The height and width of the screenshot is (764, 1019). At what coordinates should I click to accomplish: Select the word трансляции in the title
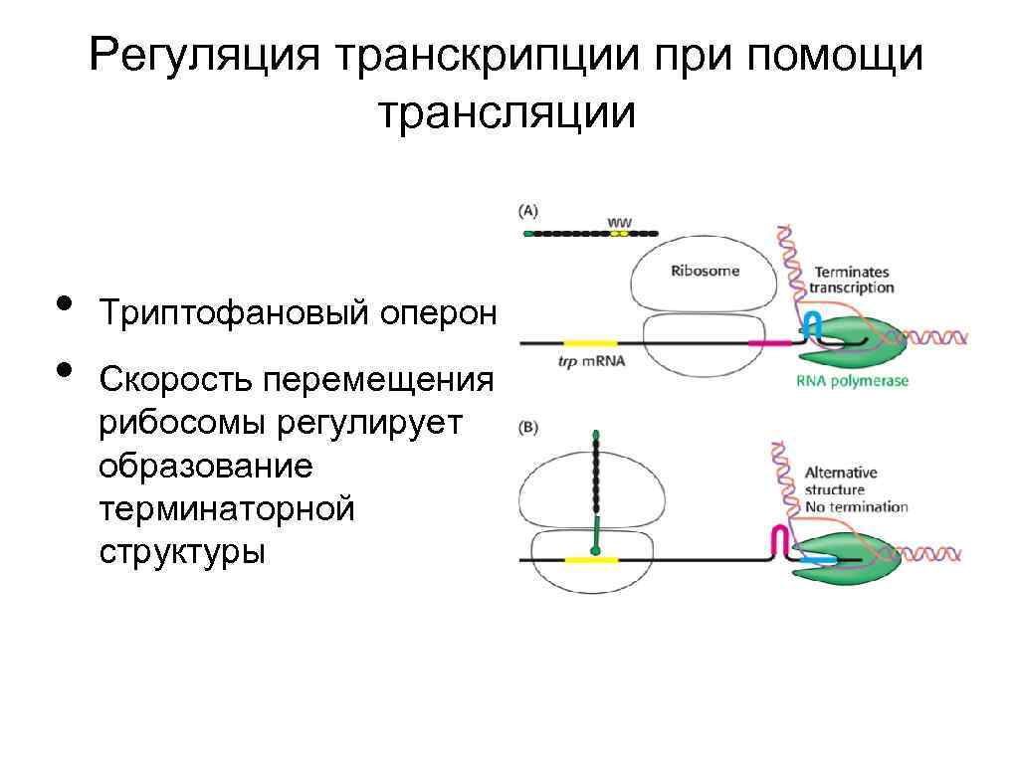click(x=507, y=112)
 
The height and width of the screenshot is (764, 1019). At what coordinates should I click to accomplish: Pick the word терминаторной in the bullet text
click(x=227, y=508)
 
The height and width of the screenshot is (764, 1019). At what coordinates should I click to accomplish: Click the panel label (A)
click(x=527, y=211)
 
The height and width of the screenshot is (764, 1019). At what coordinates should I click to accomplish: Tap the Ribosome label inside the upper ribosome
click(x=705, y=271)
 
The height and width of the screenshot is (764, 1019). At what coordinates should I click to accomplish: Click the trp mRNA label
click(x=591, y=362)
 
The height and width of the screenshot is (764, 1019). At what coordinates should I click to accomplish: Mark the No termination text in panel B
click(x=856, y=507)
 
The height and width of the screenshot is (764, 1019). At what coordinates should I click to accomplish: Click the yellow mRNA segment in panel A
click(x=590, y=342)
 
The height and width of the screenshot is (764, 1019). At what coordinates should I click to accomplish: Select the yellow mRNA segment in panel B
click(x=591, y=560)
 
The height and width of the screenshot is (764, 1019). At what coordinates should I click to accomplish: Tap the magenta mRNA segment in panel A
click(x=770, y=342)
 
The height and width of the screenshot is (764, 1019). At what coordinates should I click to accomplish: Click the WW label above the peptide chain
click(x=619, y=220)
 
